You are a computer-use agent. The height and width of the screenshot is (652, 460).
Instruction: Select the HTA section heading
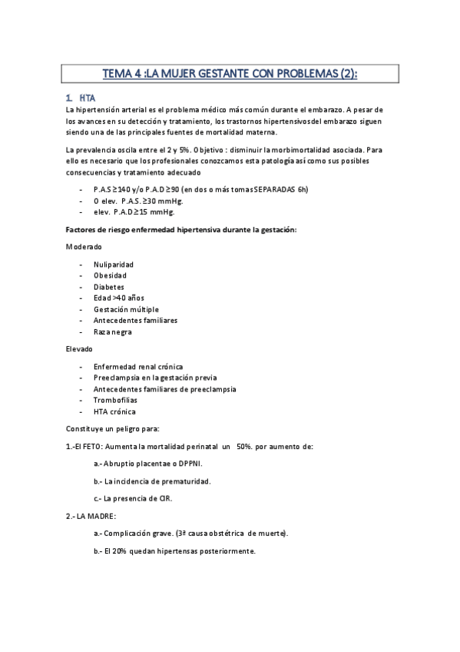(x=85, y=98)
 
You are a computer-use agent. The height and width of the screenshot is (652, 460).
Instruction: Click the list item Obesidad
(x=110, y=274)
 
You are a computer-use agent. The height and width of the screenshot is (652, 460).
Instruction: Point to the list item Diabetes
(x=108, y=286)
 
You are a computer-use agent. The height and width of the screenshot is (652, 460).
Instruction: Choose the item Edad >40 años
(x=118, y=298)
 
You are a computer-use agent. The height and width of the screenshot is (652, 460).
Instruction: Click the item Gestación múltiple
(x=126, y=309)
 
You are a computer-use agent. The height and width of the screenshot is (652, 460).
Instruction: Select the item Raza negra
(x=112, y=331)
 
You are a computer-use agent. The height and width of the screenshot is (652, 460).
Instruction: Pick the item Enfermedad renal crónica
(x=137, y=366)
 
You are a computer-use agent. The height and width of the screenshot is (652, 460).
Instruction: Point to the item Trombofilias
(x=114, y=400)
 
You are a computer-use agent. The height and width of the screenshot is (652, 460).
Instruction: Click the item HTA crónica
(x=114, y=411)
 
